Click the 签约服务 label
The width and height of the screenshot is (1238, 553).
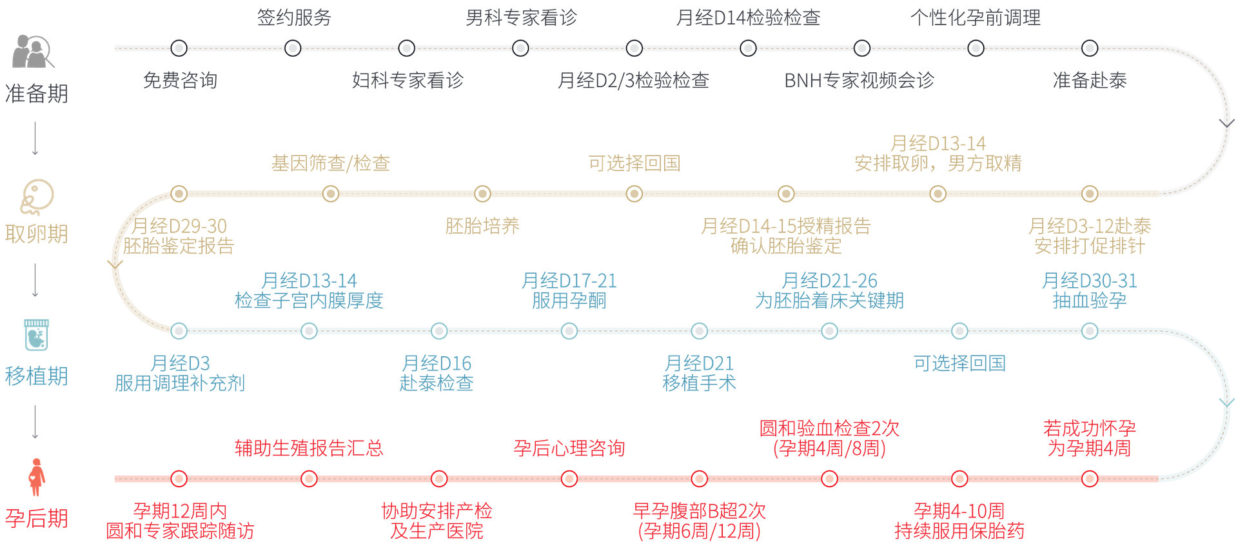[294, 17]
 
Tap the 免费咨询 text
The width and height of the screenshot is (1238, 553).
[180, 80]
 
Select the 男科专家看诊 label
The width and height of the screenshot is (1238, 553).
[521, 17]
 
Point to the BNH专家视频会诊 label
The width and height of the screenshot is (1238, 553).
[859, 80]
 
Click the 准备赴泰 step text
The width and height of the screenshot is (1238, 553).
[1089, 80]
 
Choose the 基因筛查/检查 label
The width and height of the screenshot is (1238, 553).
[330, 163]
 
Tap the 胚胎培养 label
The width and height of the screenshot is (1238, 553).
[482, 226]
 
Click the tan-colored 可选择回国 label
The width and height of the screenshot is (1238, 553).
[634, 163]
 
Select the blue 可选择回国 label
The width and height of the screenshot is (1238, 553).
[959, 363]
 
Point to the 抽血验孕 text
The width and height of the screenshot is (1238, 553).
[1089, 301]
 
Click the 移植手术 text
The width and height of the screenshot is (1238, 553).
[699, 383]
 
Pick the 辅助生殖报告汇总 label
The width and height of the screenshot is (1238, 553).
[308, 448]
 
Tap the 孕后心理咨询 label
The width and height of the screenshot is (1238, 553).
[569, 448]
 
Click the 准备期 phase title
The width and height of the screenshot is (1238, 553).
[36, 94]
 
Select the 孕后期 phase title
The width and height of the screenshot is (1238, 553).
[36, 518]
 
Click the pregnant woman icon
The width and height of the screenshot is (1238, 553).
[36, 478]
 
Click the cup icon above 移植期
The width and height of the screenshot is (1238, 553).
[36, 334]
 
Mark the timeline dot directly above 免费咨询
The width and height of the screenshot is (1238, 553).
[179, 48]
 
